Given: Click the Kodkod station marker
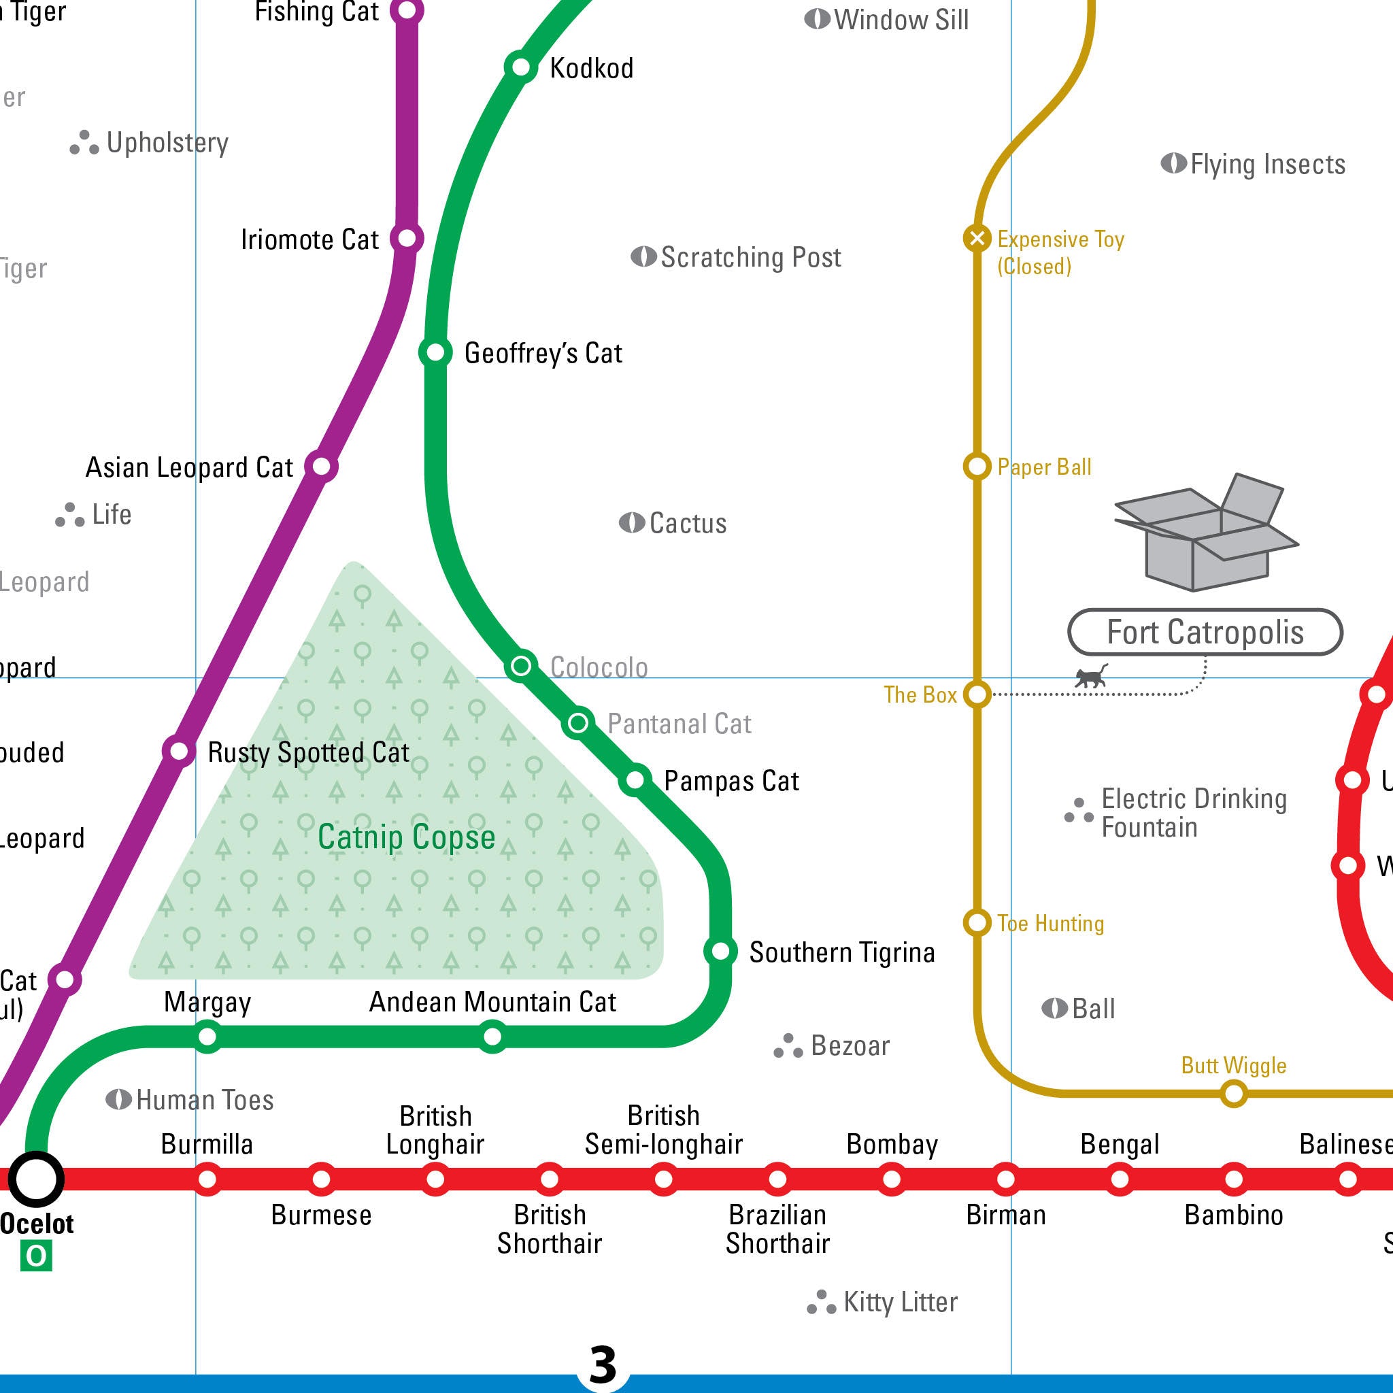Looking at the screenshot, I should [x=520, y=68].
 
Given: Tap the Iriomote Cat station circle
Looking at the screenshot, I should [x=407, y=238].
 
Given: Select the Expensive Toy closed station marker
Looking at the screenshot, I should [x=977, y=238].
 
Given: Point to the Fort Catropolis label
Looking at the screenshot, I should [x=1205, y=633].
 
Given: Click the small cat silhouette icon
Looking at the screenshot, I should [x=1090, y=677].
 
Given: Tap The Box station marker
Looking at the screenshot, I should [x=977, y=694].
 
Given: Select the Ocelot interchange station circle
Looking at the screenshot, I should [x=36, y=1179].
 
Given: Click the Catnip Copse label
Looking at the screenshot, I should [x=407, y=837].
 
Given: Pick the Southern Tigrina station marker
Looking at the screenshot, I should [x=720, y=951].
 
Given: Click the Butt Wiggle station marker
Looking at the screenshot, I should [x=1234, y=1094].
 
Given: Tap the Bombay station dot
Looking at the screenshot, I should [x=892, y=1179].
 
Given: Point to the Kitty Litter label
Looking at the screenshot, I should [x=900, y=1302].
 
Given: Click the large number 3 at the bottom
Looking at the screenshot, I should [x=603, y=1364].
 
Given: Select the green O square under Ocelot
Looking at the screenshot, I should [x=36, y=1256].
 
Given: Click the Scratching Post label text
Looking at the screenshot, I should [x=751, y=257].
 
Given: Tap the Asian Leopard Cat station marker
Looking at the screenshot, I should [x=322, y=467].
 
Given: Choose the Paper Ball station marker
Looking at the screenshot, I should [x=977, y=467].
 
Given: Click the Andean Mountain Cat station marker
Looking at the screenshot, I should [x=492, y=1037].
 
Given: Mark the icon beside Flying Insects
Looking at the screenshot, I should [x=1173, y=164].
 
